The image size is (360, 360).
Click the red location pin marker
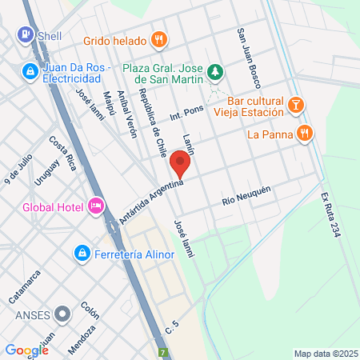point(180,166)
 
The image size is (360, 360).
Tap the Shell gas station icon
point(25,35)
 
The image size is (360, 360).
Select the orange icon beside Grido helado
point(159,38)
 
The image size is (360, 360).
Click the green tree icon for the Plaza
point(214,72)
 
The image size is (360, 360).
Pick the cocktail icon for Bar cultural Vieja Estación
point(296,105)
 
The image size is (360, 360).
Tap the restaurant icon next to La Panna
point(303,134)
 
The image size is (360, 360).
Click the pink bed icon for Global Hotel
point(96,206)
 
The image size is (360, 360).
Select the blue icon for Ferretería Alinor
point(82,254)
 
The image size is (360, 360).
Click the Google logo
point(26,350)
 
